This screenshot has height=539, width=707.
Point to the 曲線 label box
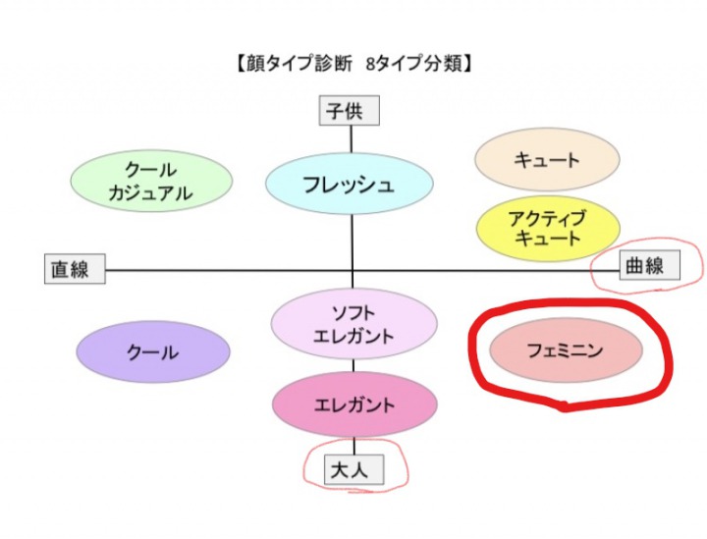coord(645,265)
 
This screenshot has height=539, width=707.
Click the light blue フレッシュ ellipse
coord(350,184)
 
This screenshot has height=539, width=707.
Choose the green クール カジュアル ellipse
coord(151,182)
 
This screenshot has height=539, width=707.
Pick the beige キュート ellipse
coord(547,160)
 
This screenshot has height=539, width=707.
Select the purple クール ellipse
coord(152,351)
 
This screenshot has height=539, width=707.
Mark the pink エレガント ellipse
coord(354,404)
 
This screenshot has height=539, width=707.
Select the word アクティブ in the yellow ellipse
coord(547,217)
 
